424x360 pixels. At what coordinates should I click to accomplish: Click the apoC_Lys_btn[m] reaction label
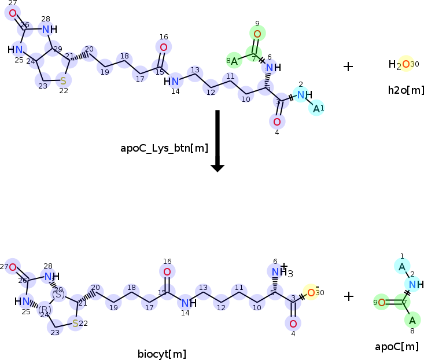[164, 148]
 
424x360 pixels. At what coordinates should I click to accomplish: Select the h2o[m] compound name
[406, 90]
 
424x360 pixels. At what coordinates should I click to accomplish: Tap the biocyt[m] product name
[161, 354]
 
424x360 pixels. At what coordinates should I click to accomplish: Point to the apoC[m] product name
[397, 347]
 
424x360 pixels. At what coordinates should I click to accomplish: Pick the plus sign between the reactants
[348, 66]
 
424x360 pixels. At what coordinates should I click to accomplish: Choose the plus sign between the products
[349, 296]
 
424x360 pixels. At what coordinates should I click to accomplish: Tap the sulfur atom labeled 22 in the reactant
[63, 80]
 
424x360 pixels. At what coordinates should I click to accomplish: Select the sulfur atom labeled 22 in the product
[75, 323]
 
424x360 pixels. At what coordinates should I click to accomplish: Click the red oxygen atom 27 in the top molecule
[13, 12]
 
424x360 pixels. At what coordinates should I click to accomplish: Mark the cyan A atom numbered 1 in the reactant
[316, 108]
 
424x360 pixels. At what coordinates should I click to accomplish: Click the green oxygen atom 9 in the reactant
[257, 34]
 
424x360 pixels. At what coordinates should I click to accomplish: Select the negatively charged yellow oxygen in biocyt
[311, 292]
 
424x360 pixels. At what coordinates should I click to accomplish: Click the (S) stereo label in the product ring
[58, 294]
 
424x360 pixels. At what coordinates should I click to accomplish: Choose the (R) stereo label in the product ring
[45, 309]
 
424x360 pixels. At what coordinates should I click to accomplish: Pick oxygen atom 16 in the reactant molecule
[164, 47]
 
